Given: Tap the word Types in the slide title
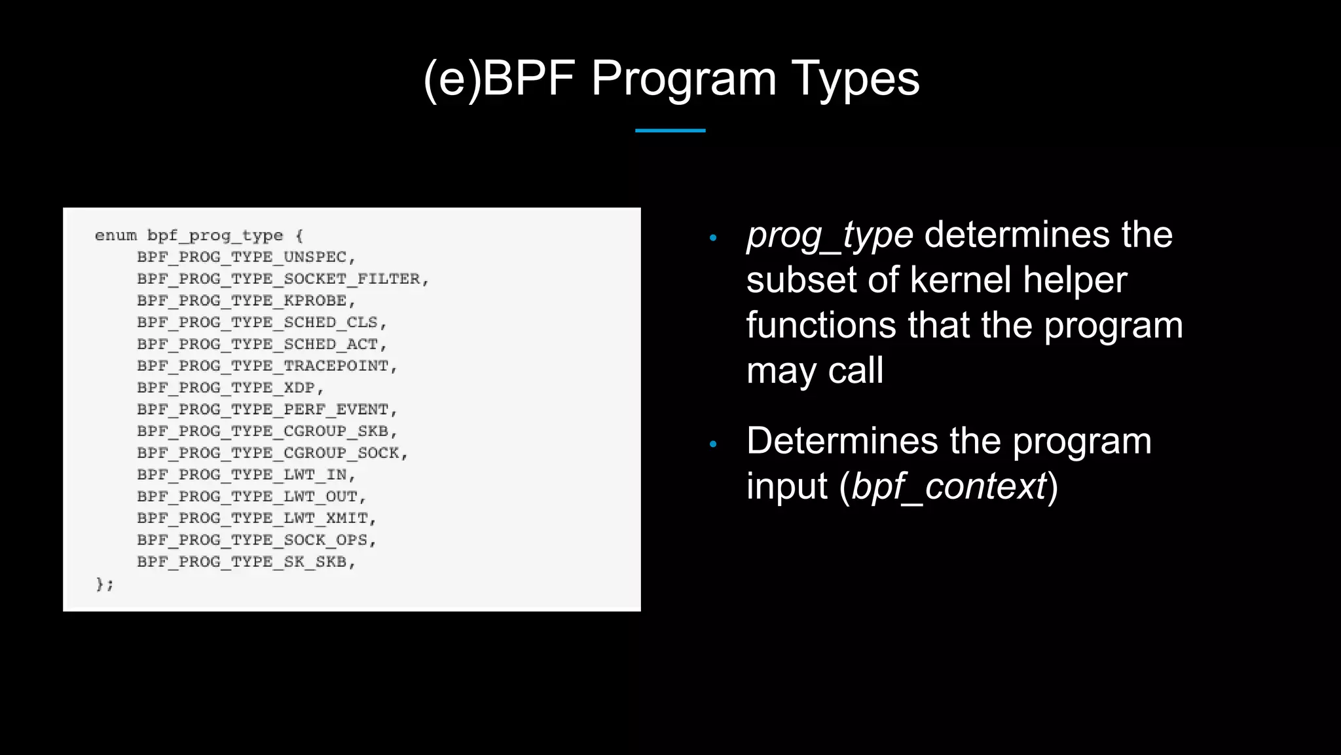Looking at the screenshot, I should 855,79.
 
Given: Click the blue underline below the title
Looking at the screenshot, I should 670,130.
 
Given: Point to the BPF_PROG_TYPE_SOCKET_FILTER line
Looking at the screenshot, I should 282,279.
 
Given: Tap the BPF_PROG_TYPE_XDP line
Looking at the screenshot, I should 230,387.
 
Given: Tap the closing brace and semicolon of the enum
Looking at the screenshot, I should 105,583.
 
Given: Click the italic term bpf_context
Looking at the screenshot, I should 949,487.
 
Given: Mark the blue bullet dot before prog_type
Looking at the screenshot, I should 713,238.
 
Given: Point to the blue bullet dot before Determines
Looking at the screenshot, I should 713,444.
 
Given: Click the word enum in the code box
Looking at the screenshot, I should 116,235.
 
